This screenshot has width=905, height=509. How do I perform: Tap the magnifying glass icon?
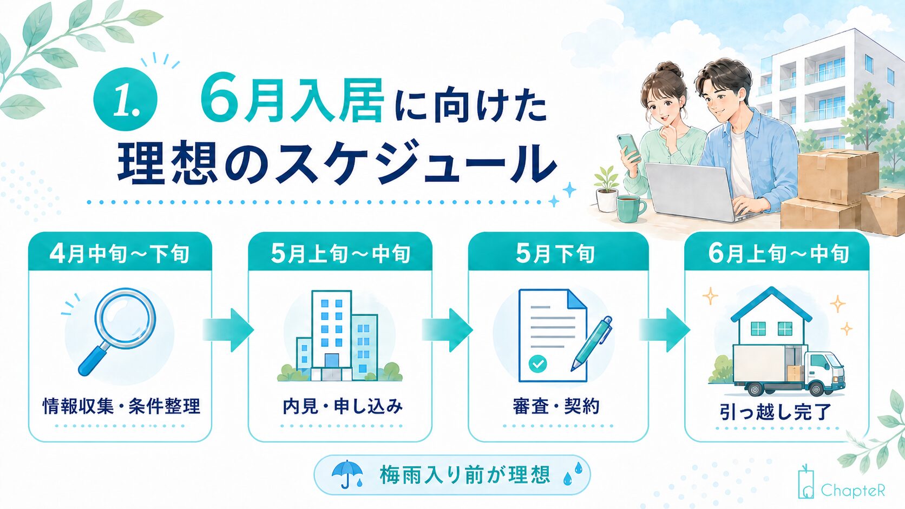[117, 331]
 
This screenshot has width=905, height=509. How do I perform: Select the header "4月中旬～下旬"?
[120, 254]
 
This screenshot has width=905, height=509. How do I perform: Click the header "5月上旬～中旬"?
[340, 254]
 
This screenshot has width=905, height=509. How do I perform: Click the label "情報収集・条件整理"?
[121, 406]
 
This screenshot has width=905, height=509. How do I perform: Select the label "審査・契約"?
[556, 406]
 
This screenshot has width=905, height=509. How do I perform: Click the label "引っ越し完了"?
[775, 412]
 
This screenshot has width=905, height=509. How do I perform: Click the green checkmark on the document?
[537, 363]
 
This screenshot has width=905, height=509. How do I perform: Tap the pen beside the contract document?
[592, 343]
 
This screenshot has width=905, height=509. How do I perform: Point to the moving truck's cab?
[824, 372]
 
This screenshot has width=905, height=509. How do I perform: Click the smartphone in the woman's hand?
[628, 147]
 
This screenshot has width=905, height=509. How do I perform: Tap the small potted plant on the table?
[607, 190]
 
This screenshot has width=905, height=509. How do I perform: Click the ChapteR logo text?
[853, 491]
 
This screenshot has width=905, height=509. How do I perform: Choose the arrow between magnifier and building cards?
[228, 330]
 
